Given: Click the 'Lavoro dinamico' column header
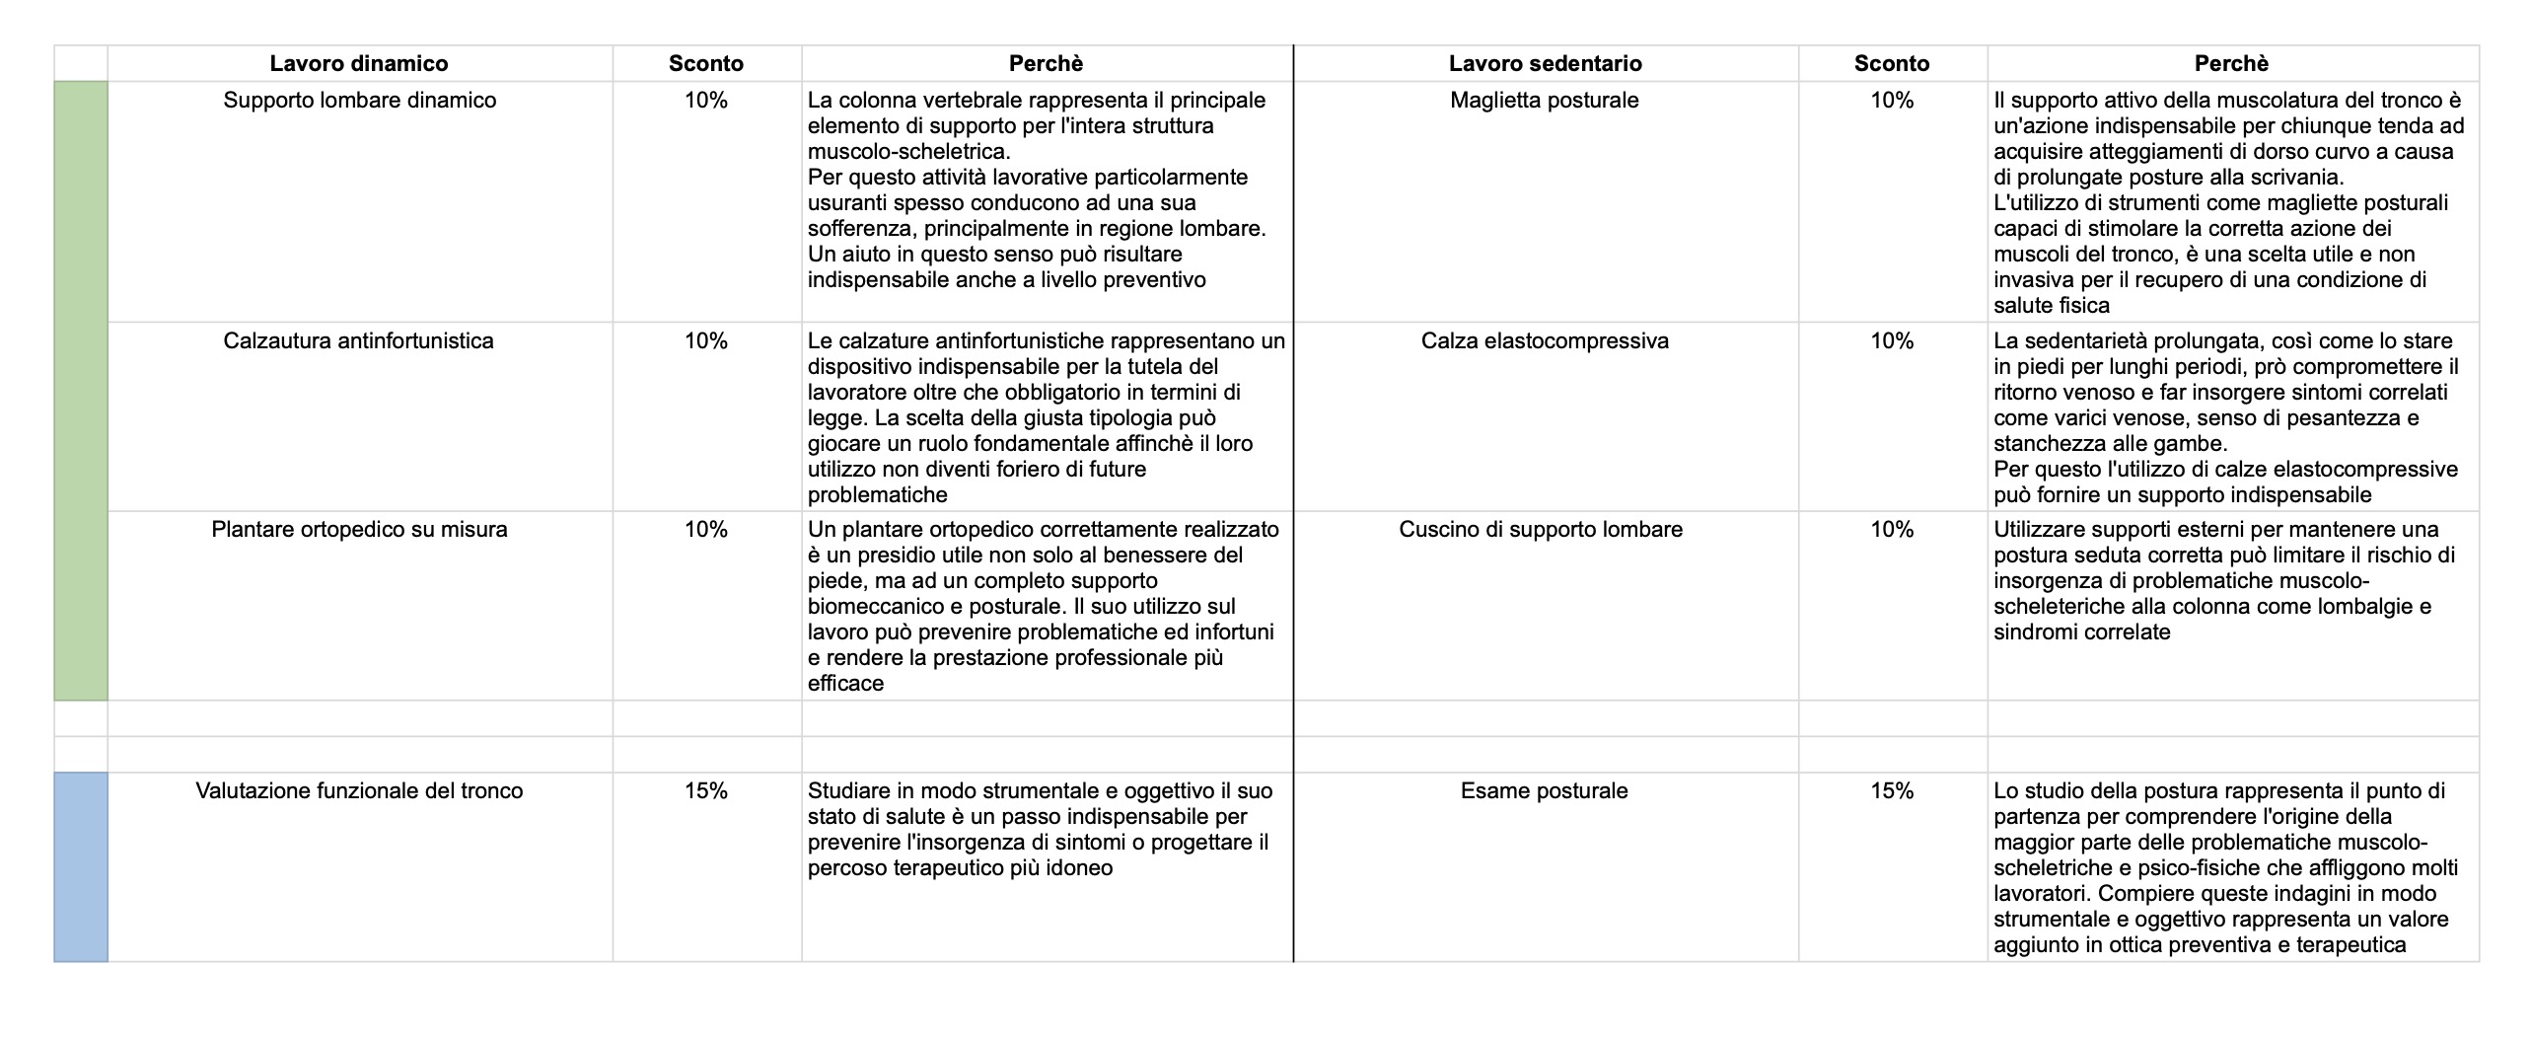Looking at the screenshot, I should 359,63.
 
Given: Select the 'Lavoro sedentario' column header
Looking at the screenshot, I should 1545,63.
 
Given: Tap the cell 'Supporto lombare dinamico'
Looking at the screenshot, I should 359,101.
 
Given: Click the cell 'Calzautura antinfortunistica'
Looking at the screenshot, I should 359,341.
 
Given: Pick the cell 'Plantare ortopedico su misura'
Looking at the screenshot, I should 359,530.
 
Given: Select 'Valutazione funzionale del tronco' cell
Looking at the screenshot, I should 359,791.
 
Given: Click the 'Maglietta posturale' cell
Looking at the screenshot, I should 1545,101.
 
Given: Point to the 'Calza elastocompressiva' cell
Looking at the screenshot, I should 1545,341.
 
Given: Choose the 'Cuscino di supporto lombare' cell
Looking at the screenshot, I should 1541,530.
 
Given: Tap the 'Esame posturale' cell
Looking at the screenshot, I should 1545,791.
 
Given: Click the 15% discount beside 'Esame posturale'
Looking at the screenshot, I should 1892,791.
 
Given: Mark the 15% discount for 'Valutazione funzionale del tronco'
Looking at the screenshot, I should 706,791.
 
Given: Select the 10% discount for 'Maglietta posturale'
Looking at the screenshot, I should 1892,101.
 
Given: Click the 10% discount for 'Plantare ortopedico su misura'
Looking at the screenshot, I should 706,530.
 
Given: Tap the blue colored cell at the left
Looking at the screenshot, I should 81,866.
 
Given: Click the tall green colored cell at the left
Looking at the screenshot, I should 81,391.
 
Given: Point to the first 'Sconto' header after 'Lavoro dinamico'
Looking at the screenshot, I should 706,63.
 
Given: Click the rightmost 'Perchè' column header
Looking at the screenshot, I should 2231,63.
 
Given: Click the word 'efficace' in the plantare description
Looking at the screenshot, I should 845,684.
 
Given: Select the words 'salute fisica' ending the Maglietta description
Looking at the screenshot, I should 2052,306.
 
